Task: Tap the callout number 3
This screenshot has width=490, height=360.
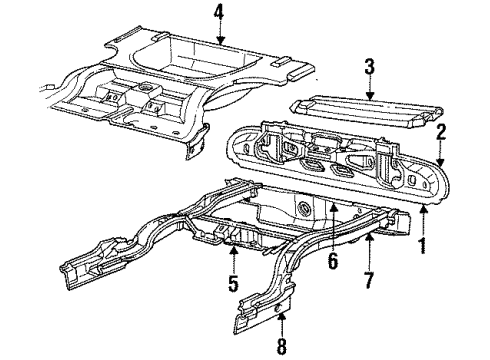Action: tap(369, 67)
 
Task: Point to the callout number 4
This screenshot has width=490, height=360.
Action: tap(219, 13)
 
